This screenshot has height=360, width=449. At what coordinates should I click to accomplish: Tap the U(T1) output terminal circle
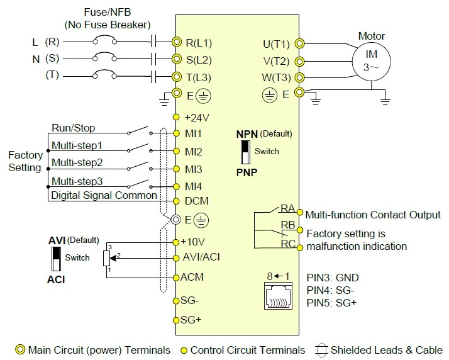point(299,43)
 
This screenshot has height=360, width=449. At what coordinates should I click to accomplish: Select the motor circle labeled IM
point(370,61)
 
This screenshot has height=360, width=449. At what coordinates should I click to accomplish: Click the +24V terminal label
point(196,117)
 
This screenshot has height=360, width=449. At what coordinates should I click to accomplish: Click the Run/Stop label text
point(73,128)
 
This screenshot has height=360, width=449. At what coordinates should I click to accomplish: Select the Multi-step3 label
point(77,181)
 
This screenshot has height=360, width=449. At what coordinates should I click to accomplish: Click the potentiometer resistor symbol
point(105,258)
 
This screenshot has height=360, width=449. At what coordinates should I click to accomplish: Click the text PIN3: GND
point(332,278)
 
